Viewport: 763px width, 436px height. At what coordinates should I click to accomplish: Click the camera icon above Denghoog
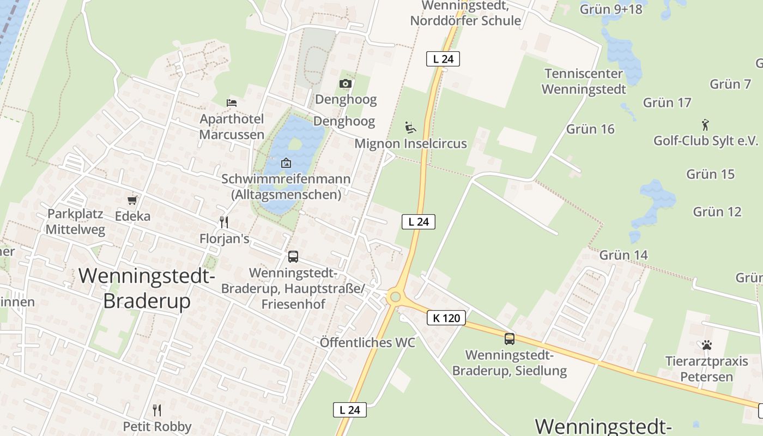pos(345,83)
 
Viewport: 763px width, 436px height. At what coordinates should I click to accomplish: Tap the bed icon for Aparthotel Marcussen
pos(232,102)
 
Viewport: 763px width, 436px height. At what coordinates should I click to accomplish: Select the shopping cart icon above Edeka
pos(132,200)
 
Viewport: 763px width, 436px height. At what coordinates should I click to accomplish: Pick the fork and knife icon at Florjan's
pos(223,222)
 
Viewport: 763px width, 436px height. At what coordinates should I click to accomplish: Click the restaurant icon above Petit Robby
pos(157,410)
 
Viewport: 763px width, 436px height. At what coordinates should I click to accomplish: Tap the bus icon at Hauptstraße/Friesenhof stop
pos(293,256)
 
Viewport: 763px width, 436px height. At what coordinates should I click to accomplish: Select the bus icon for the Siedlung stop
pos(510,338)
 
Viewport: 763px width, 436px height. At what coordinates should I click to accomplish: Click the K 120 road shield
pos(447,318)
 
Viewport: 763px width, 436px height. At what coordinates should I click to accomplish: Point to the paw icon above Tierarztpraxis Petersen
pos(707,345)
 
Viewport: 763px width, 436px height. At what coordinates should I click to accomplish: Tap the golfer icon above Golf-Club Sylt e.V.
pos(706,125)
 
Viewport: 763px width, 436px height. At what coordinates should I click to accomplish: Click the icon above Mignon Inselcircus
pos(410,128)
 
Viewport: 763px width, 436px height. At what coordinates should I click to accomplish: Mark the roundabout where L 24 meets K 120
pos(395,298)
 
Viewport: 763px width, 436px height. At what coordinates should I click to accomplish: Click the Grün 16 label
pos(590,129)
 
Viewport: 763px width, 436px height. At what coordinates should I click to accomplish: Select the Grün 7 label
pos(730,84)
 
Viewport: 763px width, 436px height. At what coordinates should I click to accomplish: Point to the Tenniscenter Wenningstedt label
pos(584,81)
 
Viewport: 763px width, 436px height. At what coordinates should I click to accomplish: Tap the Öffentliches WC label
pos(367,343)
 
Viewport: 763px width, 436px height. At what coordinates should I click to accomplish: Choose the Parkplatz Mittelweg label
pos(75,221)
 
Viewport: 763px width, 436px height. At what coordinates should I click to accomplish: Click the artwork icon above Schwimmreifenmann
pos(286,163)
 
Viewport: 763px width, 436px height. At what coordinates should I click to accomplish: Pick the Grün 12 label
pos(717,211)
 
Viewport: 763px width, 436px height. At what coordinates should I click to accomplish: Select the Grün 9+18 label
pos(611,9)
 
